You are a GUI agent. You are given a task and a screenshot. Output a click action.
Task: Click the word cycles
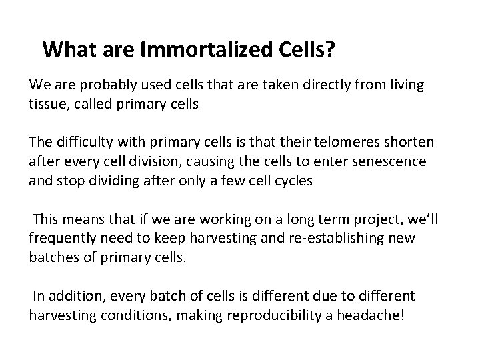point(294,181)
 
